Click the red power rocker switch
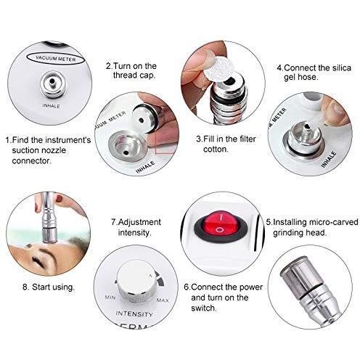pyautogui.click(x=221, y=224)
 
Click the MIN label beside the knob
pyautogui.click(x=110, y=297)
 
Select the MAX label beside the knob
pyautogui.click(x=163, y=300)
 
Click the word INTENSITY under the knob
pyautogui.click(x=134, y=314)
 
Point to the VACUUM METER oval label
pyautogui.click(x=56, y=58)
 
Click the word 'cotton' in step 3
pyautogui.click(x=216, y=150)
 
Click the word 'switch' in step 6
pyautogui.click(x=203, y=308)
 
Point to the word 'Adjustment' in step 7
pyautogui.click(x=139, y=222)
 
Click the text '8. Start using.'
pyautogui.click(x=49, y=287)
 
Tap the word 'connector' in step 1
pyautogui.click(x=31, y=160)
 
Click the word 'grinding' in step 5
pyautogui.click(x=288, y=233)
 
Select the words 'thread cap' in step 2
pyautogui.click(x=134, y=75)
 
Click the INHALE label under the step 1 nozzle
pyautogui.click(x=51, y=106)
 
